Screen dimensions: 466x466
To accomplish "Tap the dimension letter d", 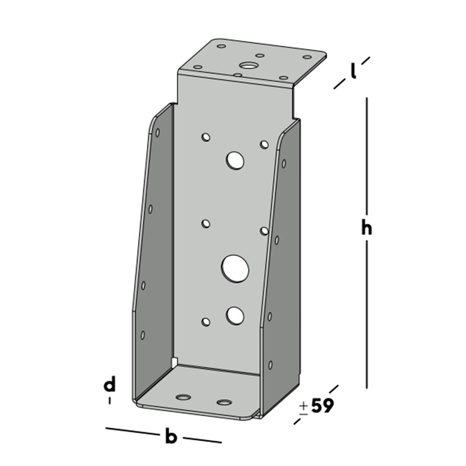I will pyautogui.click(x=109, y=385).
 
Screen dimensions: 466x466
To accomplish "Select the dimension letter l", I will pyautogui.click(x=354, y=71).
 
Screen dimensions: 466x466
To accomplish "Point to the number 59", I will pyautogui.click(x=322, y=406).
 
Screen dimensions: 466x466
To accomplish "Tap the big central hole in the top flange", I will pyautogui.click(x=247, y=66).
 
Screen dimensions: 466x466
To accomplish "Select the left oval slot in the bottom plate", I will pyautogui.click(x=183, y=397).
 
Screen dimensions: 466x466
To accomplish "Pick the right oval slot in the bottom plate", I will pyautogui.click(x=224, y=402).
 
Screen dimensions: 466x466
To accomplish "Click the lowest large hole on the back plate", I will pyautogui.click(x=235, y=315).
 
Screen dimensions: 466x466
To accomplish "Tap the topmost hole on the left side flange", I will pyautogui.click(x=158, y=133).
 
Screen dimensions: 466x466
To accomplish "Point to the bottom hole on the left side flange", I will pyautogui.click(x=143, y=335).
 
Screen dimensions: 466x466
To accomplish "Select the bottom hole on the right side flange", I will pyautogui.click(x=270, y=364).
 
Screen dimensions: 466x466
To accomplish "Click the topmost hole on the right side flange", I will pyautogui.click(x=284, y=164).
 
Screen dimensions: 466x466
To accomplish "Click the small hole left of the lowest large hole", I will pyautogui.click(x=206, y=321).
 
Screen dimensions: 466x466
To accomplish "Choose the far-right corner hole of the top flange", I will pyautogui.click(x=307, y=57).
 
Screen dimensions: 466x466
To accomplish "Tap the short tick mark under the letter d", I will pyautogui.click(x=110, y=400).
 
